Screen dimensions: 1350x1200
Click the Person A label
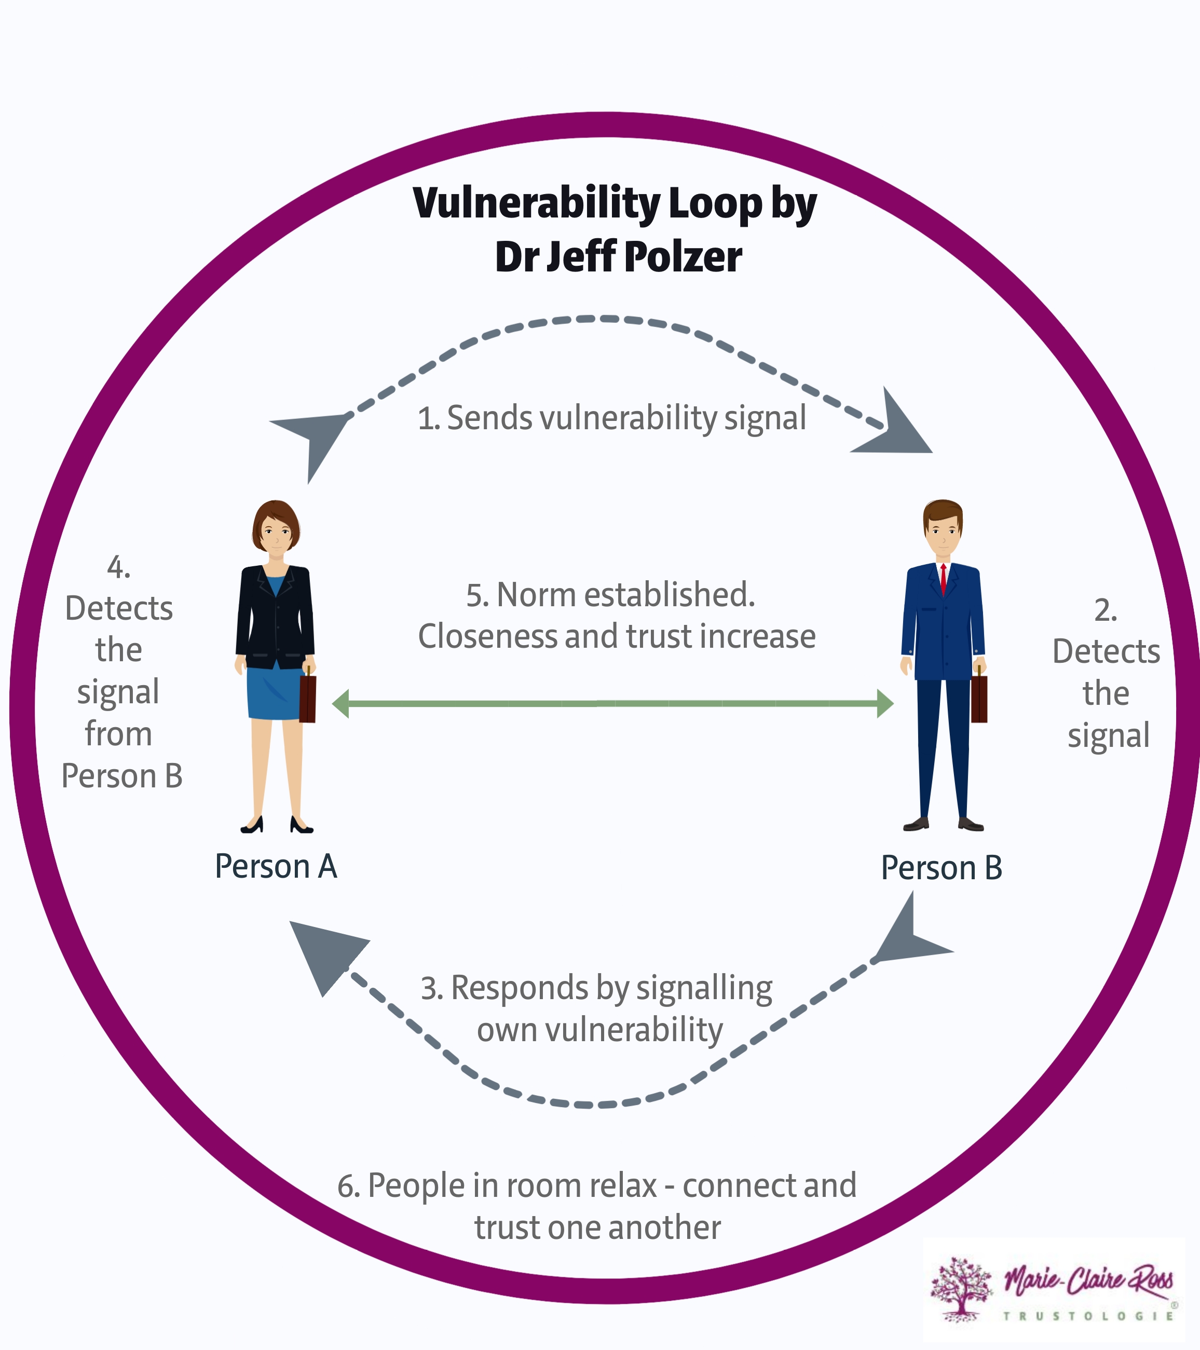pos(276,866)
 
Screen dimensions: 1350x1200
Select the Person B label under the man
pos(941,867)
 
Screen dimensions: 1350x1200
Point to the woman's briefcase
pos(308,698)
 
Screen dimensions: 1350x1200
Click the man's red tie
pos(943,579)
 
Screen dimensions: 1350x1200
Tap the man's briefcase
pos(979,698)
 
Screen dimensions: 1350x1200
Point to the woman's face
pos(276,533)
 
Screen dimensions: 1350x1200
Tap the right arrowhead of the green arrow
pos(885,703)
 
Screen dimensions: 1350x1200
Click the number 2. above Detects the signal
pos(1105,610)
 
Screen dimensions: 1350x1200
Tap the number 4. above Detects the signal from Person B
pos(119,567)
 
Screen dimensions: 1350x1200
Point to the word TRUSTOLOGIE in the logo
pos(1088,1316)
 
